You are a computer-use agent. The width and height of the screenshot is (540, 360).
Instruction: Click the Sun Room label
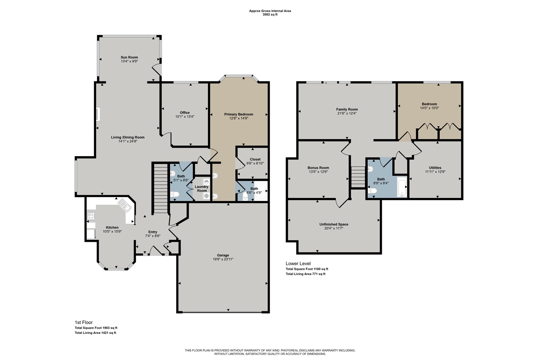[129, 57]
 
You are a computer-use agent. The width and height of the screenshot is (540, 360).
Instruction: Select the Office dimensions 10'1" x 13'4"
[185, 116]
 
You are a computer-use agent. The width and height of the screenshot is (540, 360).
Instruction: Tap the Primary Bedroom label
[239, 114]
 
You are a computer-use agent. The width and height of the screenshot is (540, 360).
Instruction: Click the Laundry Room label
[202, 188]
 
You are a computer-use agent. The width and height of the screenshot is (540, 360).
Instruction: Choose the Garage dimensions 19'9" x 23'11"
[223, 259]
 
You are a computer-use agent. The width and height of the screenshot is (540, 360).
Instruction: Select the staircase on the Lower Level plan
[357, 176]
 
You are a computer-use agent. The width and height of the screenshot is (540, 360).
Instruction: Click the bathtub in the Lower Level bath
[402, 187]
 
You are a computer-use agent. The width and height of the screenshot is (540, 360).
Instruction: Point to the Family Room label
[347, 109]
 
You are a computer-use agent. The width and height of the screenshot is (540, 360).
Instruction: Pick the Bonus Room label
[318, 168]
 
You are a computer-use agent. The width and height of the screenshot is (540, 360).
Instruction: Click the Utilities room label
[435, 168]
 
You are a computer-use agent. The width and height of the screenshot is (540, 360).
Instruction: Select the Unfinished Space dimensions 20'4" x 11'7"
[334, 228]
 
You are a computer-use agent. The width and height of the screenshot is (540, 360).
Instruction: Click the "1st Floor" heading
[83, 322]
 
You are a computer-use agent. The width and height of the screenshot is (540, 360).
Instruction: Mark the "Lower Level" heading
[298, 263]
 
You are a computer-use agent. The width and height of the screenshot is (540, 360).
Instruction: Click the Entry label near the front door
[152, 232]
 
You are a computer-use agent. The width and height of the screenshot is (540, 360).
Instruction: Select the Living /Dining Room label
[127, 137]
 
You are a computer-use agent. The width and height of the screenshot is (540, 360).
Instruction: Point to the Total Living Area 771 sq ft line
[305, 274]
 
